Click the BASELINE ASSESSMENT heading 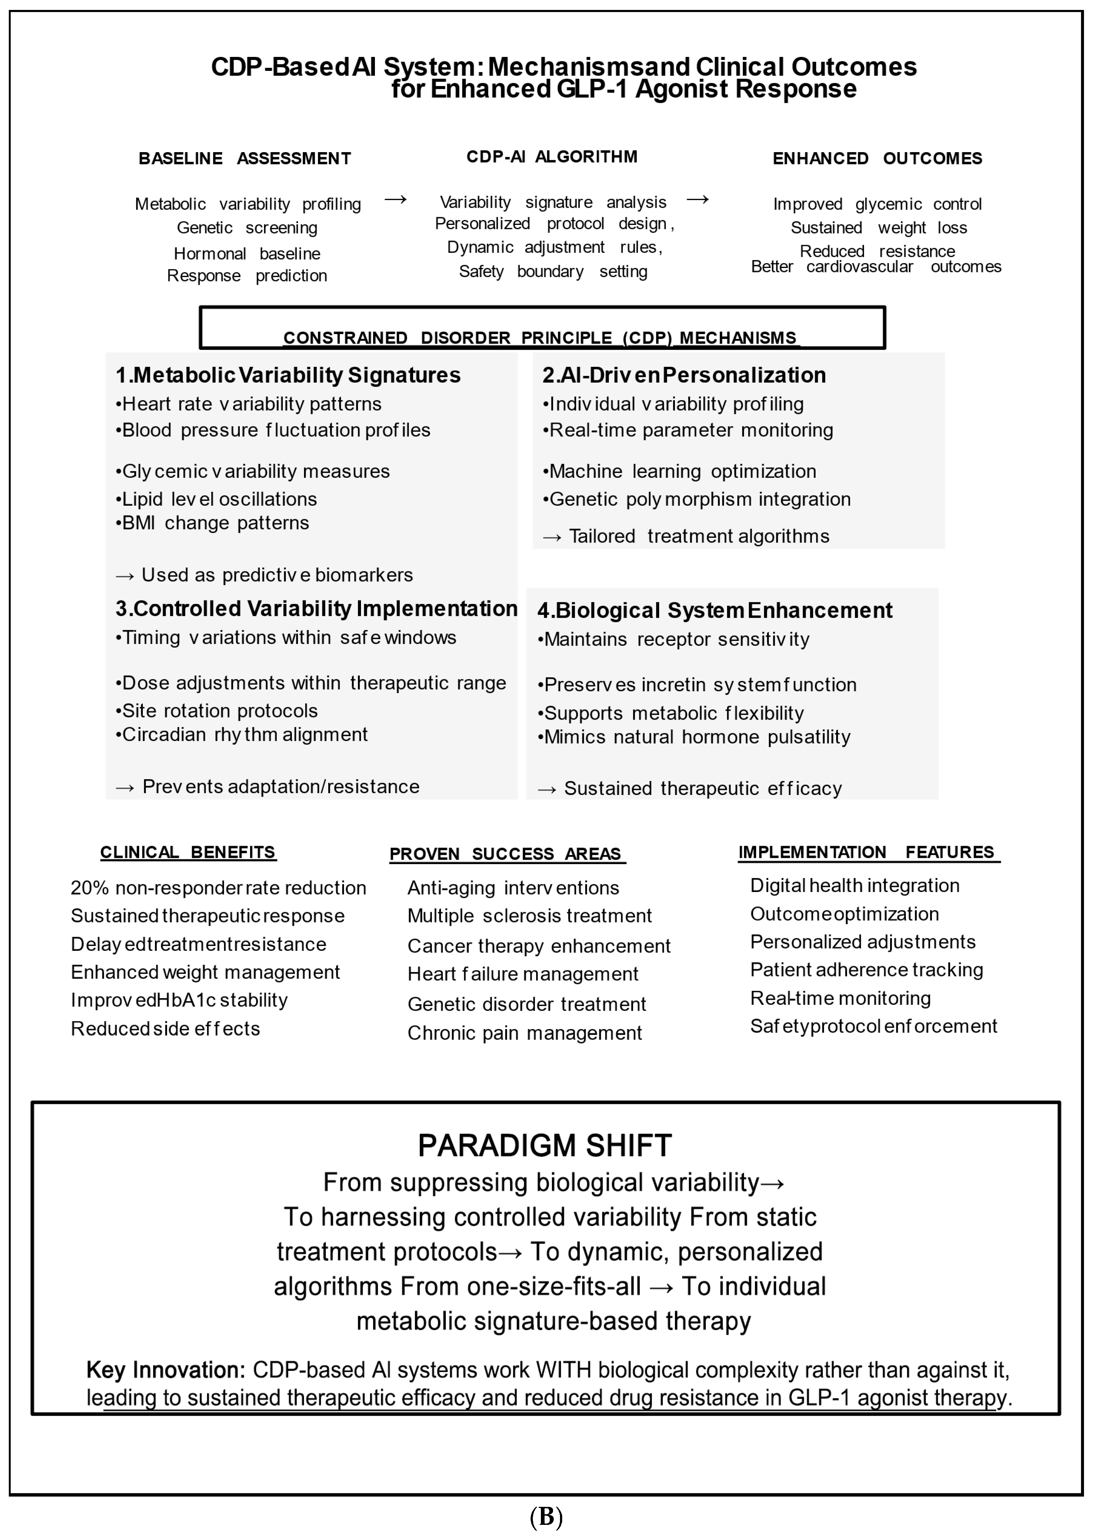(x=245, y=158)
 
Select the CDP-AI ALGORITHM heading (x=552, y=157)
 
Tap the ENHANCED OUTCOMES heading (x=877, y=158)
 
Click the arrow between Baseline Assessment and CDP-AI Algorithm (x=396, y=199)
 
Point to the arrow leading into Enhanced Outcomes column (x=697, y=199)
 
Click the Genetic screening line (x=247, y=228)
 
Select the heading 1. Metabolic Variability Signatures (x=288, y=375)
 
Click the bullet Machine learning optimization (x=680, y=471)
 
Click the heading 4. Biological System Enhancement (x=715, y=610)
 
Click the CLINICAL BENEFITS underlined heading (x=188, y=852)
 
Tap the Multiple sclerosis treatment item (x=529, y=916)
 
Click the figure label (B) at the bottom (x=546, y=1517)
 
